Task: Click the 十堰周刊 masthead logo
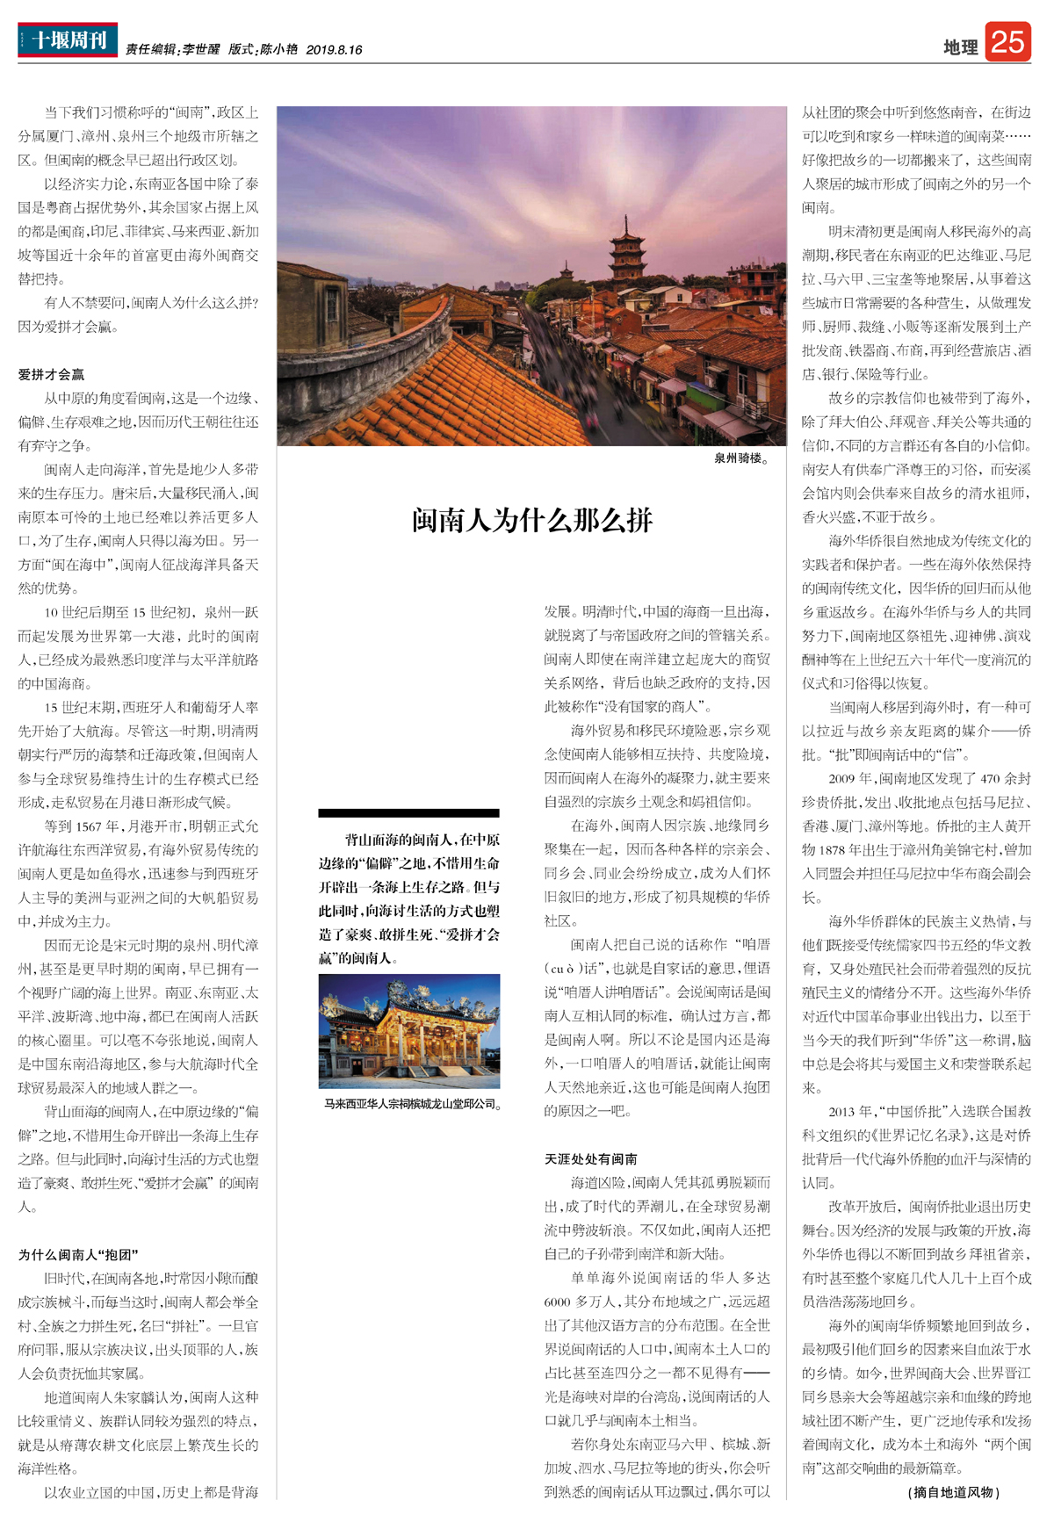pyautogui.click(x=68, y=40)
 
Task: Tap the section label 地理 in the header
pyautogui.click(x=960, y=47)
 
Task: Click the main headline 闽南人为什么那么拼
pyautogui.click(x=532, y=520)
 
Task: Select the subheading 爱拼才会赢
pyautogui.click(x=52, y=374)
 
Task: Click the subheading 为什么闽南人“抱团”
pyautogui.click(x=78, y=1254)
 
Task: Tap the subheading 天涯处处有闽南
pyautogui.click(x=591, y=1158)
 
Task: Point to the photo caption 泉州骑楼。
pyautogui.click(x=741, y=458)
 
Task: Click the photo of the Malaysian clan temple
pyautogui.click(x=409, y=1030)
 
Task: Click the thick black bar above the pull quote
pyautogui.click(x=409, y=812)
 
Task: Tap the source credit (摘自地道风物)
pyautogui.click(x=954, y=1491)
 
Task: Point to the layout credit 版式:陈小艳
pyautogui.click(x=263, y=50)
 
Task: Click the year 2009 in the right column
pyautogui.click(x=841, y=778)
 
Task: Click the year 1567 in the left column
pyautogui.click(x=90, y=826)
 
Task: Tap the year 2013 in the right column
pyautogui.click(x=841, y=1111)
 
